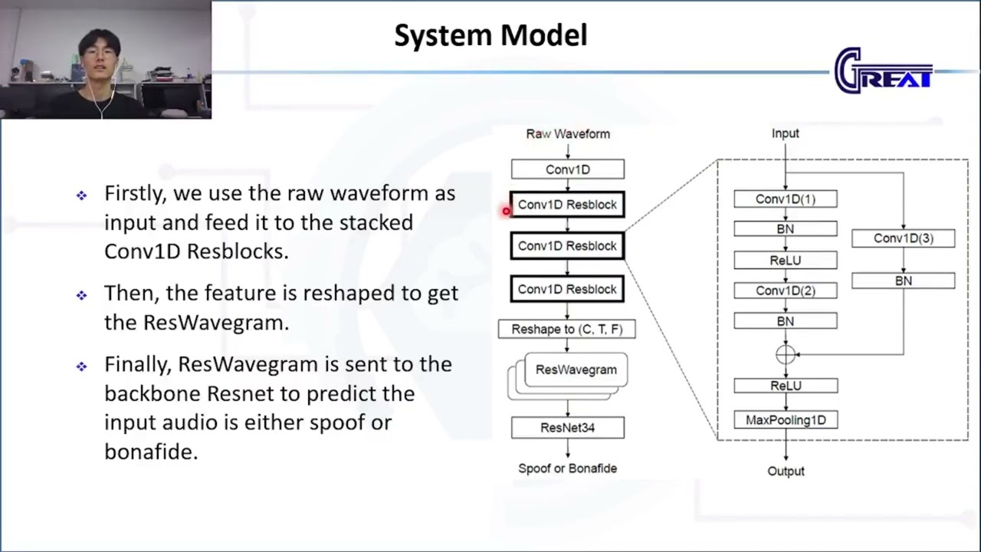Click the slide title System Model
(x=490, y=35)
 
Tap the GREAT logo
(x=883, y=71)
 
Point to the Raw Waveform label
(x=568, y=133)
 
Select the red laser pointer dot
(x=507, y=211)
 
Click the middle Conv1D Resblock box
(x=567, y=246)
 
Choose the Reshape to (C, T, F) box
(x=567, y=329)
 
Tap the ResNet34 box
(x=567, y=428)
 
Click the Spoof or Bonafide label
(x=567, y=468)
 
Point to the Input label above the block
(x=785, y=133)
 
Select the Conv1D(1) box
(x=786, y=199)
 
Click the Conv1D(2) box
(x=786, y=291)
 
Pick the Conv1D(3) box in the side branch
(x=903, y=238)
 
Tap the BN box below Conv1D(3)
(x=903, y=281)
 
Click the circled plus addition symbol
(x=786, y=354)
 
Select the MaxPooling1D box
(x=786, y=420)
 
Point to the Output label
(x=786, y=472)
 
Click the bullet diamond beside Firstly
(x=82, y=195)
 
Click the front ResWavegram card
(x=576, y=370)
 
